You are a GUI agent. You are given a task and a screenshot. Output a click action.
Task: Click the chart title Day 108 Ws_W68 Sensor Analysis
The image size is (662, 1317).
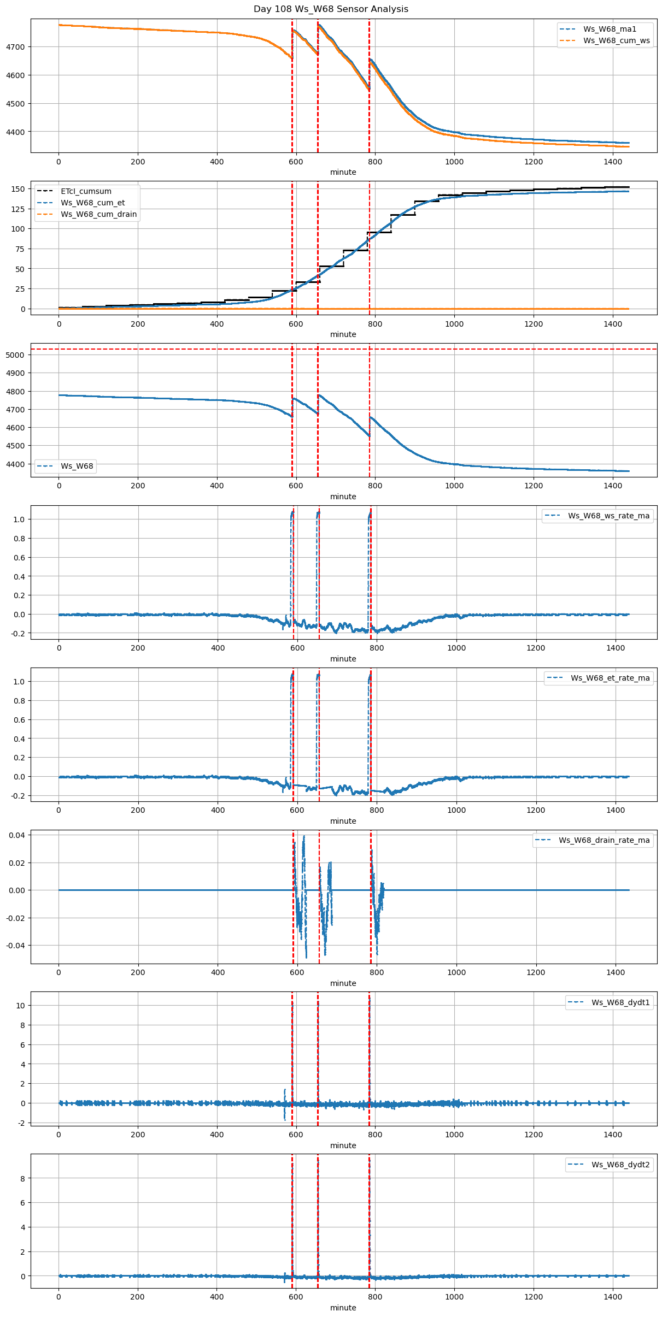[331, 9]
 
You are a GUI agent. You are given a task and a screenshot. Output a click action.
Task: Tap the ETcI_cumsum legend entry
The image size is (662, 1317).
[86, 191]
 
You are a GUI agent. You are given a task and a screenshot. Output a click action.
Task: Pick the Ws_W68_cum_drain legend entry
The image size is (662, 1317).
[98, 214]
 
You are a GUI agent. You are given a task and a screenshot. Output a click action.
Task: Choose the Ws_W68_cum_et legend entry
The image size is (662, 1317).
[92, 203]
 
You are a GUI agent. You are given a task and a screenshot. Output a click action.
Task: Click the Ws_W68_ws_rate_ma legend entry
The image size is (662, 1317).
[608, 516]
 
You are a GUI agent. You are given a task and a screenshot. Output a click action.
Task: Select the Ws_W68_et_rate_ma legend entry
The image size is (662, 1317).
[610, 678]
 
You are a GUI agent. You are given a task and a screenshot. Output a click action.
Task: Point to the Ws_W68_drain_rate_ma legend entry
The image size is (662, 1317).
[604, 840]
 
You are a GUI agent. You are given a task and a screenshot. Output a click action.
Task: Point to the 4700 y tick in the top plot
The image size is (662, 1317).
[15, 47]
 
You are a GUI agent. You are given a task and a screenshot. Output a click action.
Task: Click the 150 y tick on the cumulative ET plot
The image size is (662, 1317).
[19, 189]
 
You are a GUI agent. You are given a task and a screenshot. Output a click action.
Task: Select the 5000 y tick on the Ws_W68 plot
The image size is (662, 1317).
[15, 355]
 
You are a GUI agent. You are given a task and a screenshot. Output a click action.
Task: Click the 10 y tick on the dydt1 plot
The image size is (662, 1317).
[20, 1006]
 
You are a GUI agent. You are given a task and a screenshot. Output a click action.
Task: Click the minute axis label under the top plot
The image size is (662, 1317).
[343, 172]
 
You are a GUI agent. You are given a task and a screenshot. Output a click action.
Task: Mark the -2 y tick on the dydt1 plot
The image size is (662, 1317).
[21, 1123]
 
